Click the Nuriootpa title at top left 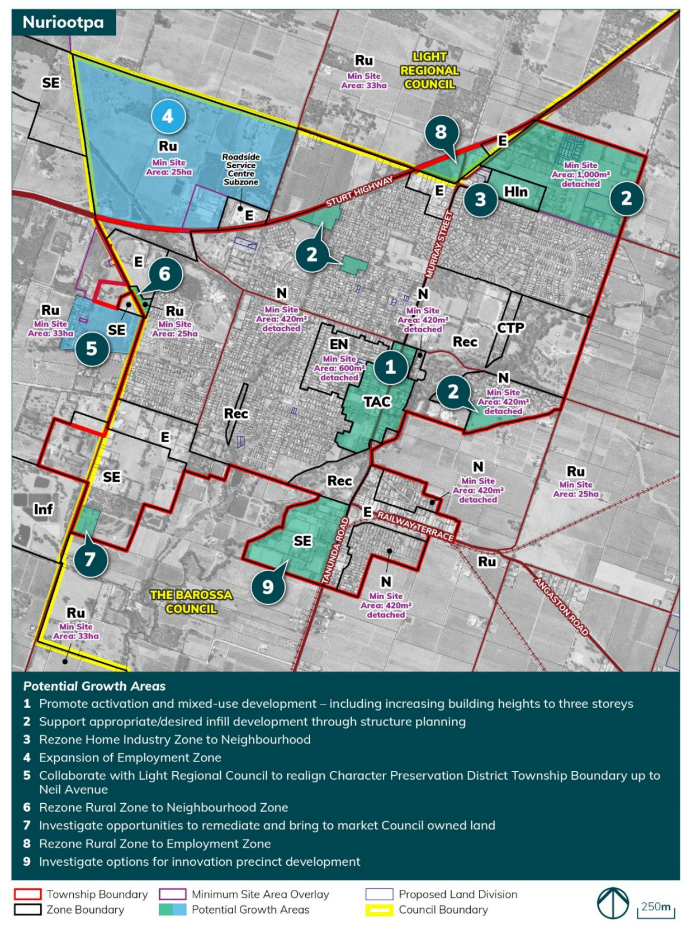(x=63, y=22)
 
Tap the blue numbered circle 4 (x=168, y=116)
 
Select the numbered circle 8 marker (x=441, y=132)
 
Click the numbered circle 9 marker (x=268, y=586)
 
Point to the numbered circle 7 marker (x=90, y=558)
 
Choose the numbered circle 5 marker (x=92, y=349)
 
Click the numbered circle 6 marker (x=165, y=274)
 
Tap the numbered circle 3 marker (x=480, y=200)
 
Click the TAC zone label (x=377, y=402)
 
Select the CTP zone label (x=510, y=328)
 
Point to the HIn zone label (x=515, y=192)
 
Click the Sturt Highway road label (x=359, y=191)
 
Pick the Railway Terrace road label (x=415, y=526)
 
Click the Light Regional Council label (x=429, y=70)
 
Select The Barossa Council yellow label (x=191, y=601)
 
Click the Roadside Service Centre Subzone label (x=241, y=169)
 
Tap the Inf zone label (x=43, y=509)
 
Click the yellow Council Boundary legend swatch (x=379, y=910)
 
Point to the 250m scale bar (x=656, y=908)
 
